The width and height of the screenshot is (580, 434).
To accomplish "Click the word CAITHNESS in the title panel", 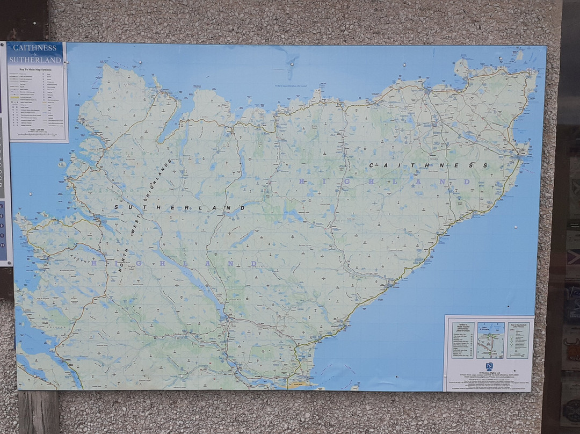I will (35, 48).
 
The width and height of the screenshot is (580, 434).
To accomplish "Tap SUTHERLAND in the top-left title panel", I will (35, 60).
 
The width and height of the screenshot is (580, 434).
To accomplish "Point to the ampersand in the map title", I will (35, 54).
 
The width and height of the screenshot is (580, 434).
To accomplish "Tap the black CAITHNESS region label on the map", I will (428, 165).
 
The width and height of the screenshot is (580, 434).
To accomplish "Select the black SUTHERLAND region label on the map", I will (180, 207).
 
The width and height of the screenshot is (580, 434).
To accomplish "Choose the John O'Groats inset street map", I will (490, 340).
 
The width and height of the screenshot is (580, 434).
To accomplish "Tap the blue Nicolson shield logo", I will (489, 365).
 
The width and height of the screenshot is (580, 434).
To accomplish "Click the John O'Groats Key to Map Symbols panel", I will (518, 340).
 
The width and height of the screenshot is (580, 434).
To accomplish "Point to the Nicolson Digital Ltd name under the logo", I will (489, 372).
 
